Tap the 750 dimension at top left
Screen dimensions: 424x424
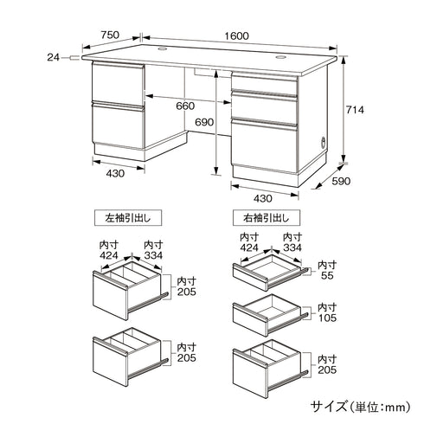pyautogui.click(x=109, y=35)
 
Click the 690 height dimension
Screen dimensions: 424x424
pyautogui.click(x=202, y=123)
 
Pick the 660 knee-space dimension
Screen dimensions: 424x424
pyautogui.click(x=184, y=106)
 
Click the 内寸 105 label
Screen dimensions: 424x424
pyautogui.click(x=326, y=312)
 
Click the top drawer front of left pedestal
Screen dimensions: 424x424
pyautogui.click(x=118, y=82)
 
